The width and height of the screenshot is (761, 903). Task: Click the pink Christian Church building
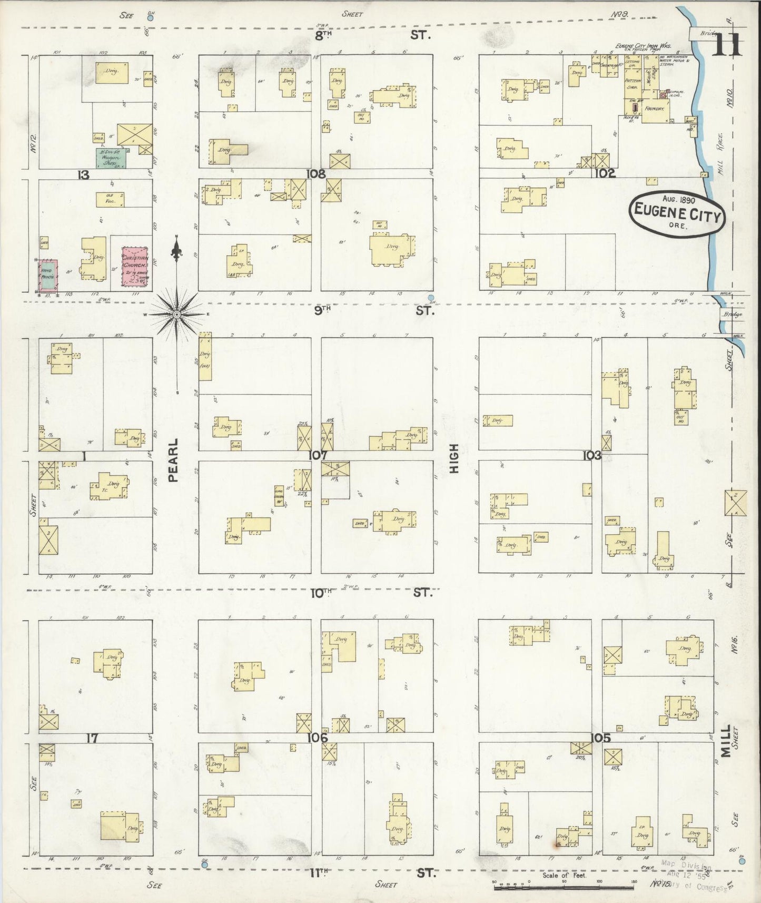[x=134, y=267]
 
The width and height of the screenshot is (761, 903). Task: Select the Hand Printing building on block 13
[x=48, y=274]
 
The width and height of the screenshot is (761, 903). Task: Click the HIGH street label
[x=454, y=458]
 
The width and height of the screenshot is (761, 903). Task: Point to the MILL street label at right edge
[x=726, y=740]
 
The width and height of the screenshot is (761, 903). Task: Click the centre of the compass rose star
[x=177, y=314]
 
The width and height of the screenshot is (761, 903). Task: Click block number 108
[x=318, y=173]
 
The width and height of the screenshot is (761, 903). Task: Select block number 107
[x=319, y=455]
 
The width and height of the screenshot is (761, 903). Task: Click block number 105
[x=600, y=738]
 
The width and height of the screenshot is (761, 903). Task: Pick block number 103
[x=592, y=455]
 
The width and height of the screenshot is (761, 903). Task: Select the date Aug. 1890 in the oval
[x=679, y=201]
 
